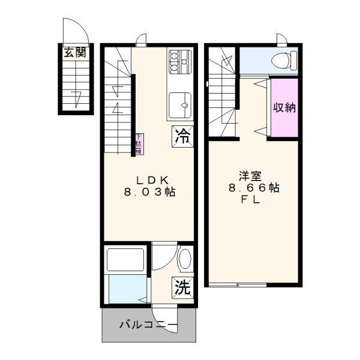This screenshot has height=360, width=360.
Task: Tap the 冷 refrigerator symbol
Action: click(183, 136)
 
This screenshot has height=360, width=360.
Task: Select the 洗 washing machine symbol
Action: click(183, 287)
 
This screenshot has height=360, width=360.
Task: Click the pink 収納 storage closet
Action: click(284, 107)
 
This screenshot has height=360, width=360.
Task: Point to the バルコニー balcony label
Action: click(148, 326)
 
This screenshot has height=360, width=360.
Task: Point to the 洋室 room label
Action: click(250, 176)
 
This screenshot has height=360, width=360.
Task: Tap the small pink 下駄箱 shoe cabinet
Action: click(139, 143)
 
